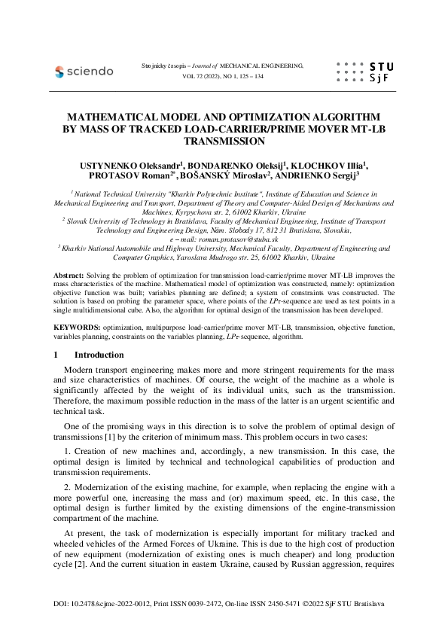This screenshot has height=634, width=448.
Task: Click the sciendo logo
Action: (84, 72)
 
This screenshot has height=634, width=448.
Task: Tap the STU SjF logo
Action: (364, 72)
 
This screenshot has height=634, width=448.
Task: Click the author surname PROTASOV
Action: (117, 177)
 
